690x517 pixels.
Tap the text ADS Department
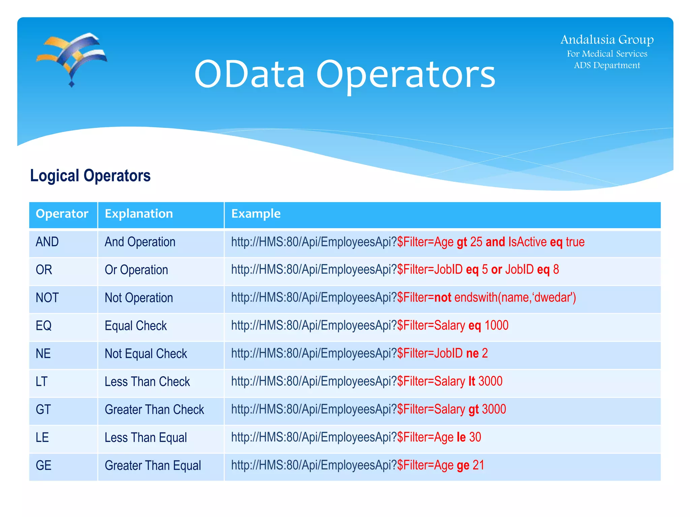pos(607,65)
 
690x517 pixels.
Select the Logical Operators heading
pos(90,176)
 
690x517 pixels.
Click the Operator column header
pos(62,214)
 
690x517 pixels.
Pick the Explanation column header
pos(139,214)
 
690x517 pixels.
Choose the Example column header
pos(256,214)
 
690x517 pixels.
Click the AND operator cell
pos(47,242)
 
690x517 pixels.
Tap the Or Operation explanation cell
pos(136,270)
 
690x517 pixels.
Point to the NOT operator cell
pos(47,298)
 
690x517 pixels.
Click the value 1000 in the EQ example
pos(496,325)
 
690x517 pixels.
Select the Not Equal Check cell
pos(146,354)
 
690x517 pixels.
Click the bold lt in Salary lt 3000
pos(472,381)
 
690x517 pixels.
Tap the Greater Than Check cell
pos(154,410)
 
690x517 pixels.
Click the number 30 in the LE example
pos(475,437)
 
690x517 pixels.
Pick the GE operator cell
pos(43,466)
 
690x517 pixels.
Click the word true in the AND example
pos(575,242)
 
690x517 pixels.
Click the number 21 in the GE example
pos(478,465)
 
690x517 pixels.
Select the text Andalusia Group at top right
pos(607,40)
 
